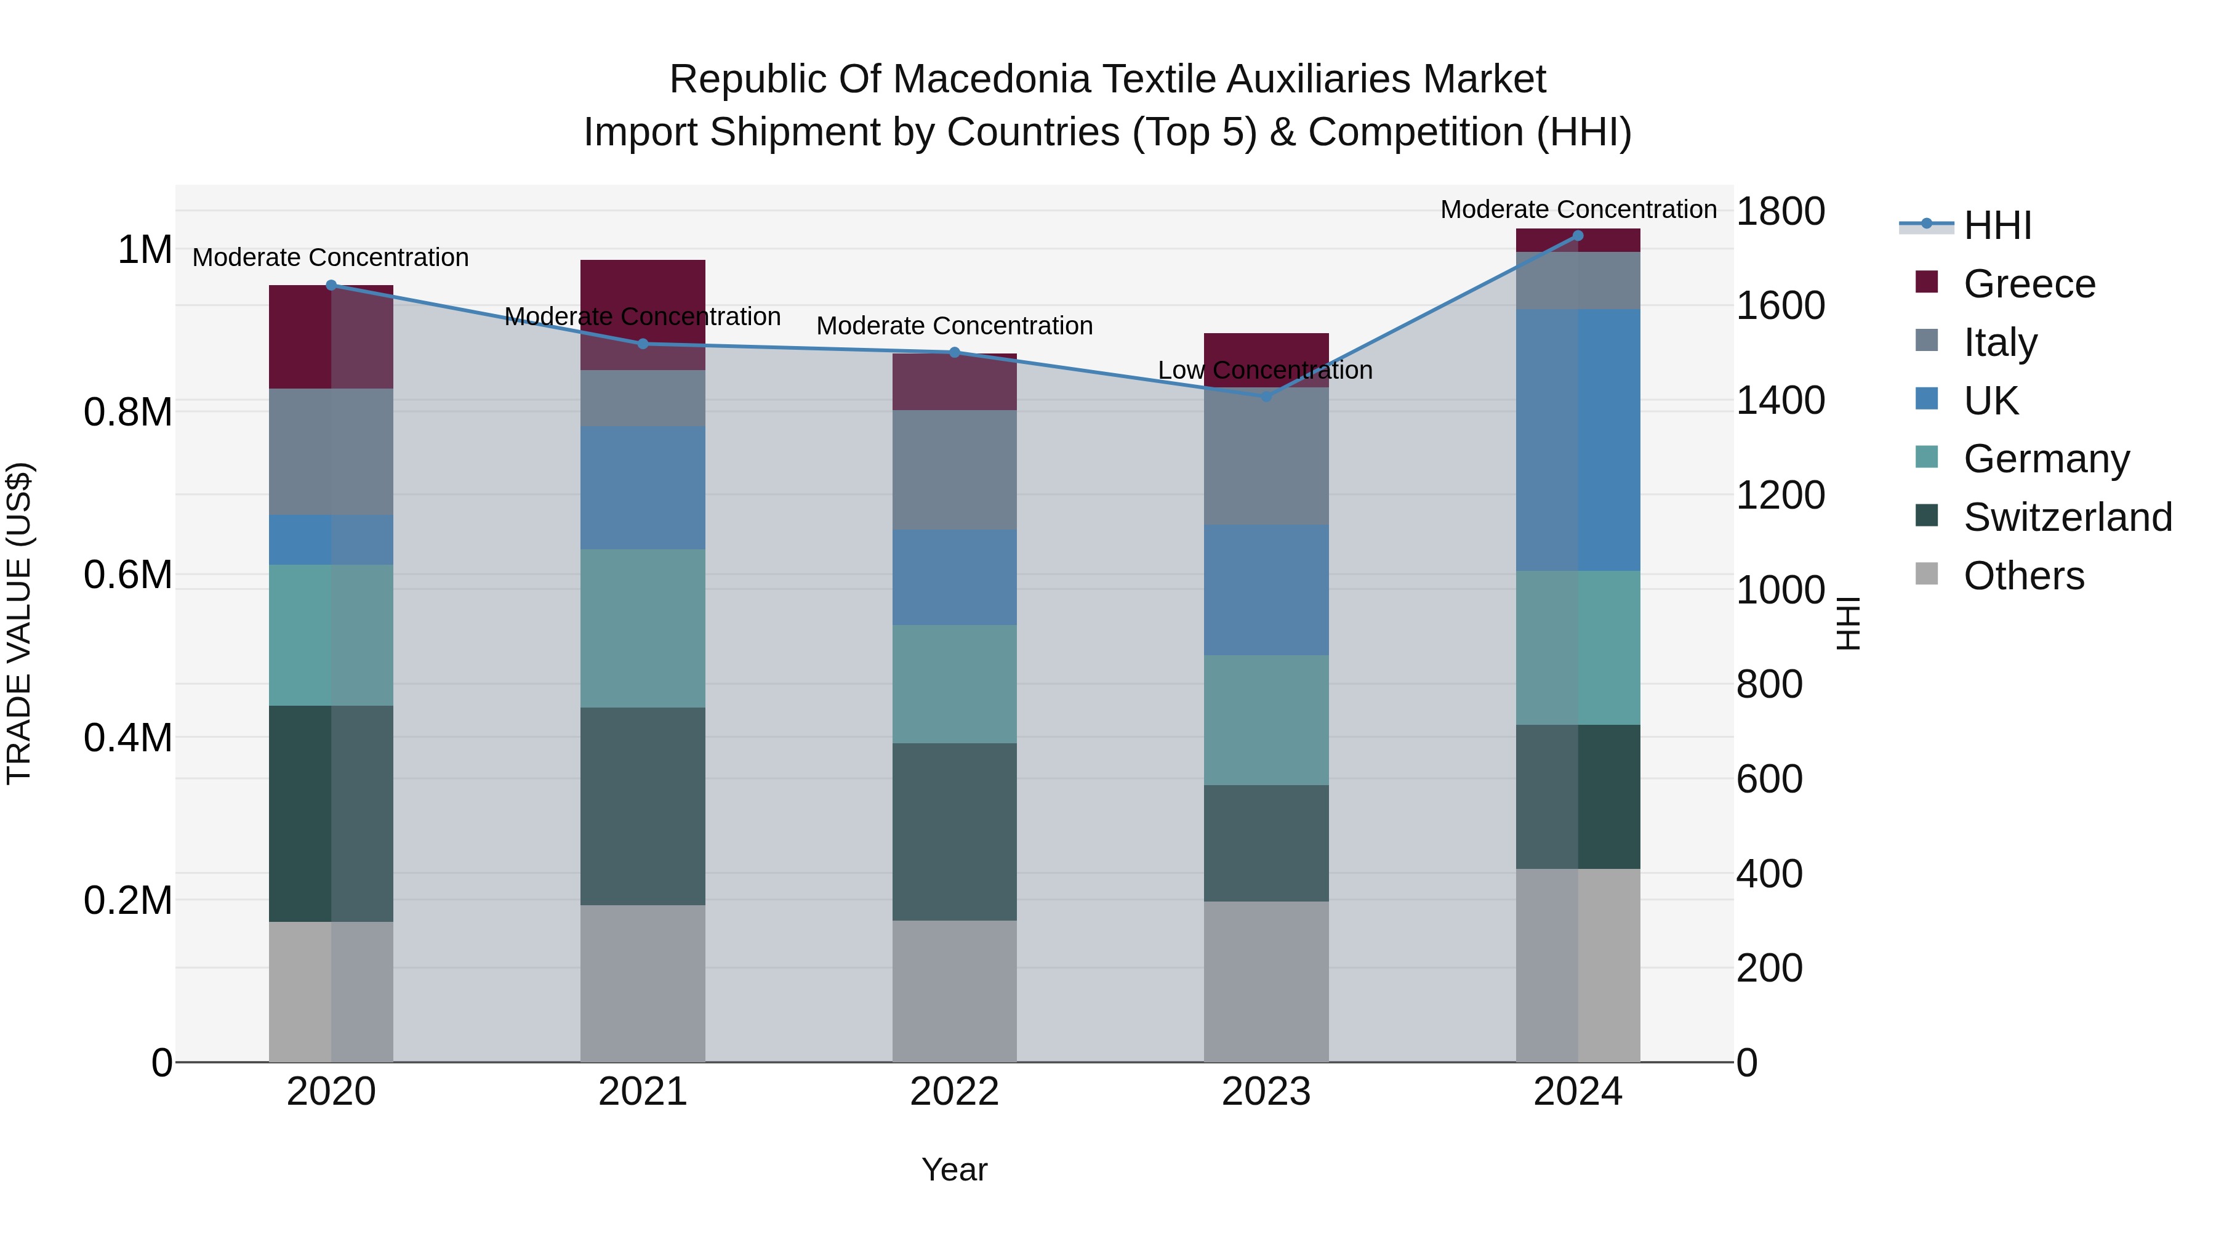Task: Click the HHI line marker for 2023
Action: point(1266,397)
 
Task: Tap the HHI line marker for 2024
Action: point(1578,236)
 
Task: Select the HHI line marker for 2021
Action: point(643,344)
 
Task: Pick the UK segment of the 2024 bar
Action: point(1578,440)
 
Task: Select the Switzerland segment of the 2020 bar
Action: point(331,813)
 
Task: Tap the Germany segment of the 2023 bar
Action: point(1266,719)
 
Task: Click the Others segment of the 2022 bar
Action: point(954,991)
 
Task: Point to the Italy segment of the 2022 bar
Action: point(954,469)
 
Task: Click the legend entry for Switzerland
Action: point(2067,517)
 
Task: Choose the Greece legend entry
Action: point(2028,284)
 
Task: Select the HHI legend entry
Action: point(1997,225)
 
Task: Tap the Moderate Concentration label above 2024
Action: point(1578,209)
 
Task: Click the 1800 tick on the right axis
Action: point(1780,212)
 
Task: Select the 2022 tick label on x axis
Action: point(954,1092)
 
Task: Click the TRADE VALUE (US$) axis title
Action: point(19,623)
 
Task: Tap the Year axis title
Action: point(954,1169)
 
